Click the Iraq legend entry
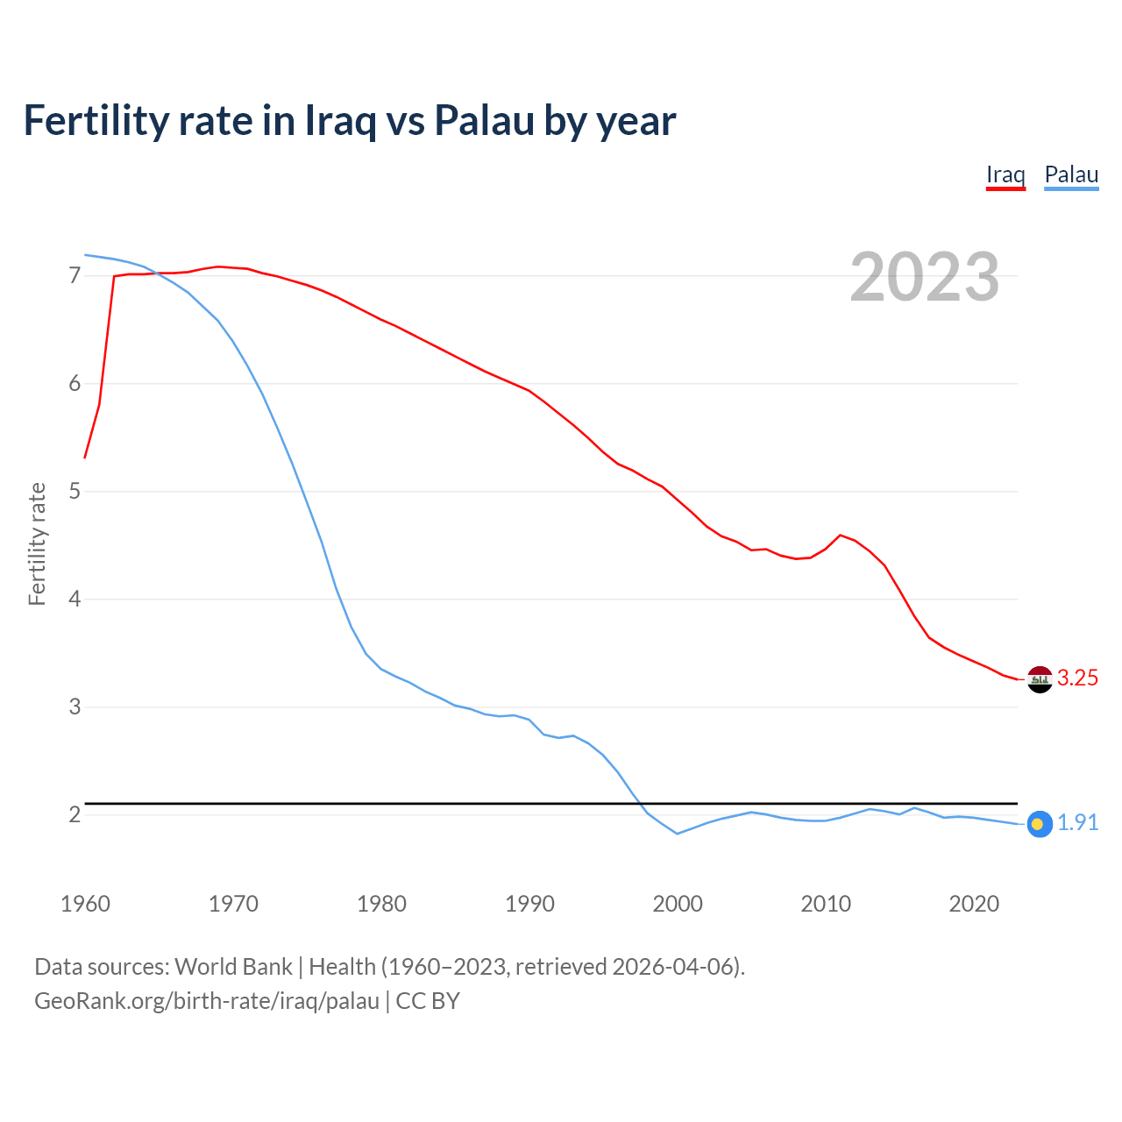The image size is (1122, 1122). (x=1005, y=174)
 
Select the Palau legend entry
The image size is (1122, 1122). (x=1071, y=174)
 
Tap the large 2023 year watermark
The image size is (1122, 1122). (x=925, y=277)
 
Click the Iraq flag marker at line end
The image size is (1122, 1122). (x=1040, y=679)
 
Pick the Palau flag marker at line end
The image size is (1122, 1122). (x=1039, y=824)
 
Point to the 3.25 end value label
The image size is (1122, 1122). (x=1077, y=678)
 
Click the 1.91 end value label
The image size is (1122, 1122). (x=1077, y=823)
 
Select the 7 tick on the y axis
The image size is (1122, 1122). (x=75, y=276)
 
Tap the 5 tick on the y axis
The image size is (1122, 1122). (x=75, y=492)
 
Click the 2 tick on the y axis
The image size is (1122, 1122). (x=75, y=815)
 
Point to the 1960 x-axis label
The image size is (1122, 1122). (x=85, y=904)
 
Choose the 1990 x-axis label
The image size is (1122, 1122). (x=529, y=904)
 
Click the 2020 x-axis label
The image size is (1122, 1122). (x=974, y=904)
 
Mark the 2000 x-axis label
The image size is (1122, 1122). (x=678, y=904)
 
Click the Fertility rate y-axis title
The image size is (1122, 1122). (x=37, y=543)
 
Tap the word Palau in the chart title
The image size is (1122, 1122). (x=484, y=121)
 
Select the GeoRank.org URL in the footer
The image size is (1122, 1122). (x=207, y=1001)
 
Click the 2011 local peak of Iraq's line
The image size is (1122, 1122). (x=841, y=535)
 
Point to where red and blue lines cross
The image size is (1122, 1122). (x=154, y=273)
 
